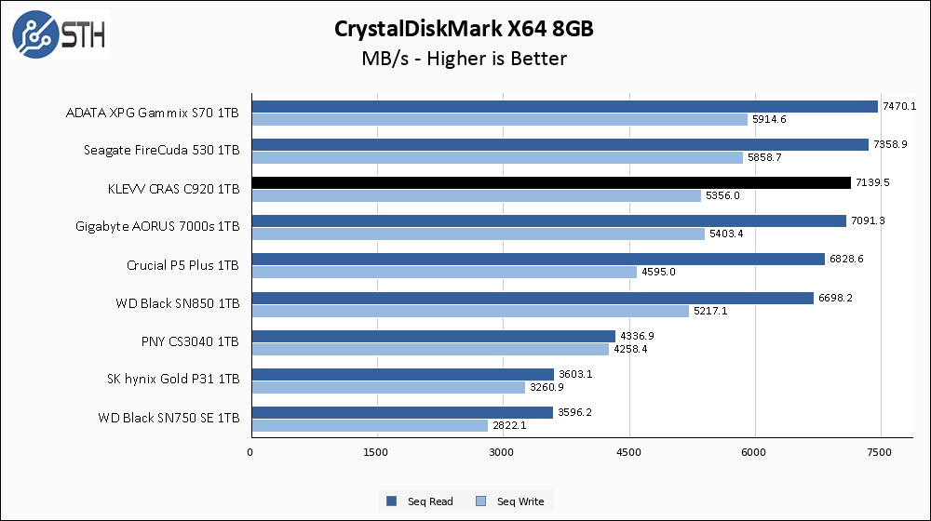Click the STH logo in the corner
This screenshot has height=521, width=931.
tap(59, 34)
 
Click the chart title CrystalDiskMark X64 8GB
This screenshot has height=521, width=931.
tap(465, 29)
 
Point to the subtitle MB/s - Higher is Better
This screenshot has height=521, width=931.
tap(465, 59)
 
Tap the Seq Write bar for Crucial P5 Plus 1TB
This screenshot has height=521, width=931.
tap(443, 272)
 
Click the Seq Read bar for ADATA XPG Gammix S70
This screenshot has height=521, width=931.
tap(564, 106)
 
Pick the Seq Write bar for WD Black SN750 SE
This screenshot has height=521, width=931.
tap(369, 425)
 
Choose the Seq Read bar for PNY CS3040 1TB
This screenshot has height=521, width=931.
tap(433, 336)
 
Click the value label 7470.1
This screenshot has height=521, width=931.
tap(899, 106)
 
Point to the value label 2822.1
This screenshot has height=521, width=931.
tap(509, 425)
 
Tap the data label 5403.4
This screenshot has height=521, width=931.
tap(727, 234)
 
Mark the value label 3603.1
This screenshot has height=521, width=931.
tap(574, 374)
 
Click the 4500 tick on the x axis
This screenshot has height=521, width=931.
tap(629, 453)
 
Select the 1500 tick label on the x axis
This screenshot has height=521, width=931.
tap(376, 453)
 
